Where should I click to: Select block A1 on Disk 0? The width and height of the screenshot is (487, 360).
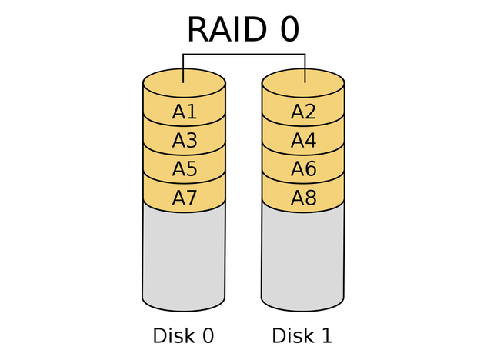(185, 112)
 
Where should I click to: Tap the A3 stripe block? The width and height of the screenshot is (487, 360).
(185, 141)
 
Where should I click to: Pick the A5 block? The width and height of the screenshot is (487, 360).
(185, 169)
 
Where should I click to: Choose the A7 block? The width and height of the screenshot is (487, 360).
(185, 198)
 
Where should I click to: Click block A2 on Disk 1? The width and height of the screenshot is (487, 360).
(303, 112)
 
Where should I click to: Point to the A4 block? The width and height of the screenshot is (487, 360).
(303, 141)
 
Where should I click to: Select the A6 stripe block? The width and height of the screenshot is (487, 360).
(303, 169)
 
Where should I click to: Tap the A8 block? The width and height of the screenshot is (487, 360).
(303, 198)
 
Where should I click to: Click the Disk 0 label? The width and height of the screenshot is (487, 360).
(183, 336)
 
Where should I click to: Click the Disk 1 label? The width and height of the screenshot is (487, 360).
(302, 336)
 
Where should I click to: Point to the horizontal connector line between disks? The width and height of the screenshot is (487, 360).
(244, 55)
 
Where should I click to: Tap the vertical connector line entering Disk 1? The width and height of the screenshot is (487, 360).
(305, 68)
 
